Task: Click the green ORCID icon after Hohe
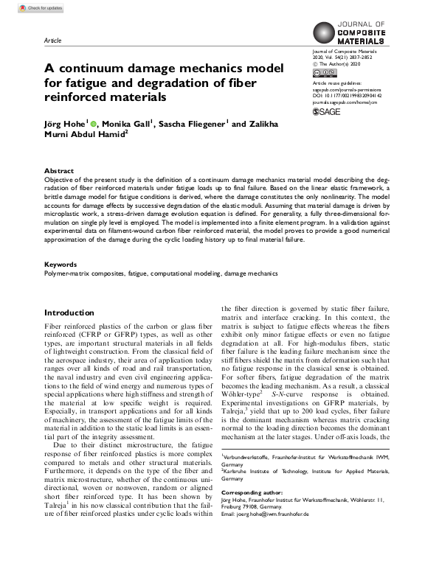(94, 125)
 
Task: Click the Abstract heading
(59, 170)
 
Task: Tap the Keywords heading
(61, 264)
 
